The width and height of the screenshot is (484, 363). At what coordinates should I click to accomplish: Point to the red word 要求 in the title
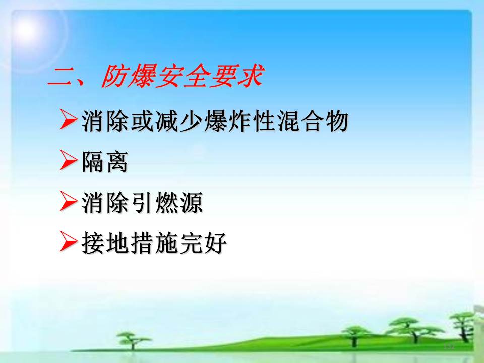pyautogui.click(x=236, y=76)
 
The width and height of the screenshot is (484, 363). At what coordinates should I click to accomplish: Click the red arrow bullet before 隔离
pyautogui.click(x=69, y=160)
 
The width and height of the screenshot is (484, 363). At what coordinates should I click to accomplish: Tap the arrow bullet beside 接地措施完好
pyautogui.click(x=69, y=241)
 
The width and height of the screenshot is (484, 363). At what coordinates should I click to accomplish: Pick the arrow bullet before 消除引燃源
pyautogui.click(x=69, y=201)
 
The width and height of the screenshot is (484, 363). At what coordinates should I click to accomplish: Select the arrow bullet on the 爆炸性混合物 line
pyautogui.click(x=69, y=119)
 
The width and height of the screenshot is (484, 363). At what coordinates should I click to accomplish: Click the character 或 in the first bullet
pyautogui.click(x=142, y=120)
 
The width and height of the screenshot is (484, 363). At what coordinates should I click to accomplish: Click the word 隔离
pyautogui.click(x=105, y=161)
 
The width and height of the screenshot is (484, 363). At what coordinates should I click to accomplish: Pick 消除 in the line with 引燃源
pyautogui.click(x=105, y=202)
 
